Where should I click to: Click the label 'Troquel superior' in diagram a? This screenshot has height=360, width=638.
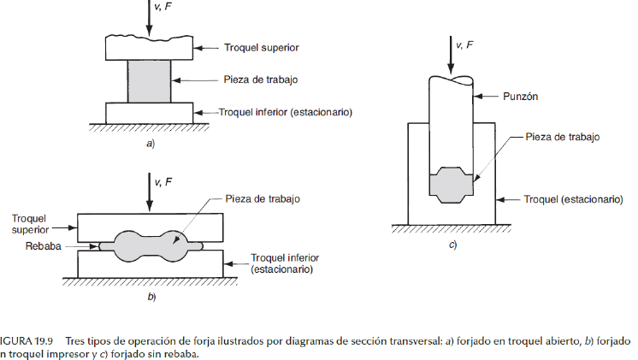pyautogui.click(x=262, y=48)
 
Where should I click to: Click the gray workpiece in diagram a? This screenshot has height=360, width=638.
pyautogui.click(x=150, y=80)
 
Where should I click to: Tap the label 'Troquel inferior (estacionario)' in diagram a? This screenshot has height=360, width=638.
pyautogui.click(x=286, y=112)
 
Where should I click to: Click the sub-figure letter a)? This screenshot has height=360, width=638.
pyautogui.click(x=151, y=144)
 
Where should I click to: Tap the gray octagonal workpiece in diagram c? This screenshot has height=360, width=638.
pyautogui.click(x=452, y=185)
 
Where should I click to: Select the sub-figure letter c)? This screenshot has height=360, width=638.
pyautogui.click(x=452, y=245)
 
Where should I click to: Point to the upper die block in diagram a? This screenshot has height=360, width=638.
pyautogui.click(x=150, y=48)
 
